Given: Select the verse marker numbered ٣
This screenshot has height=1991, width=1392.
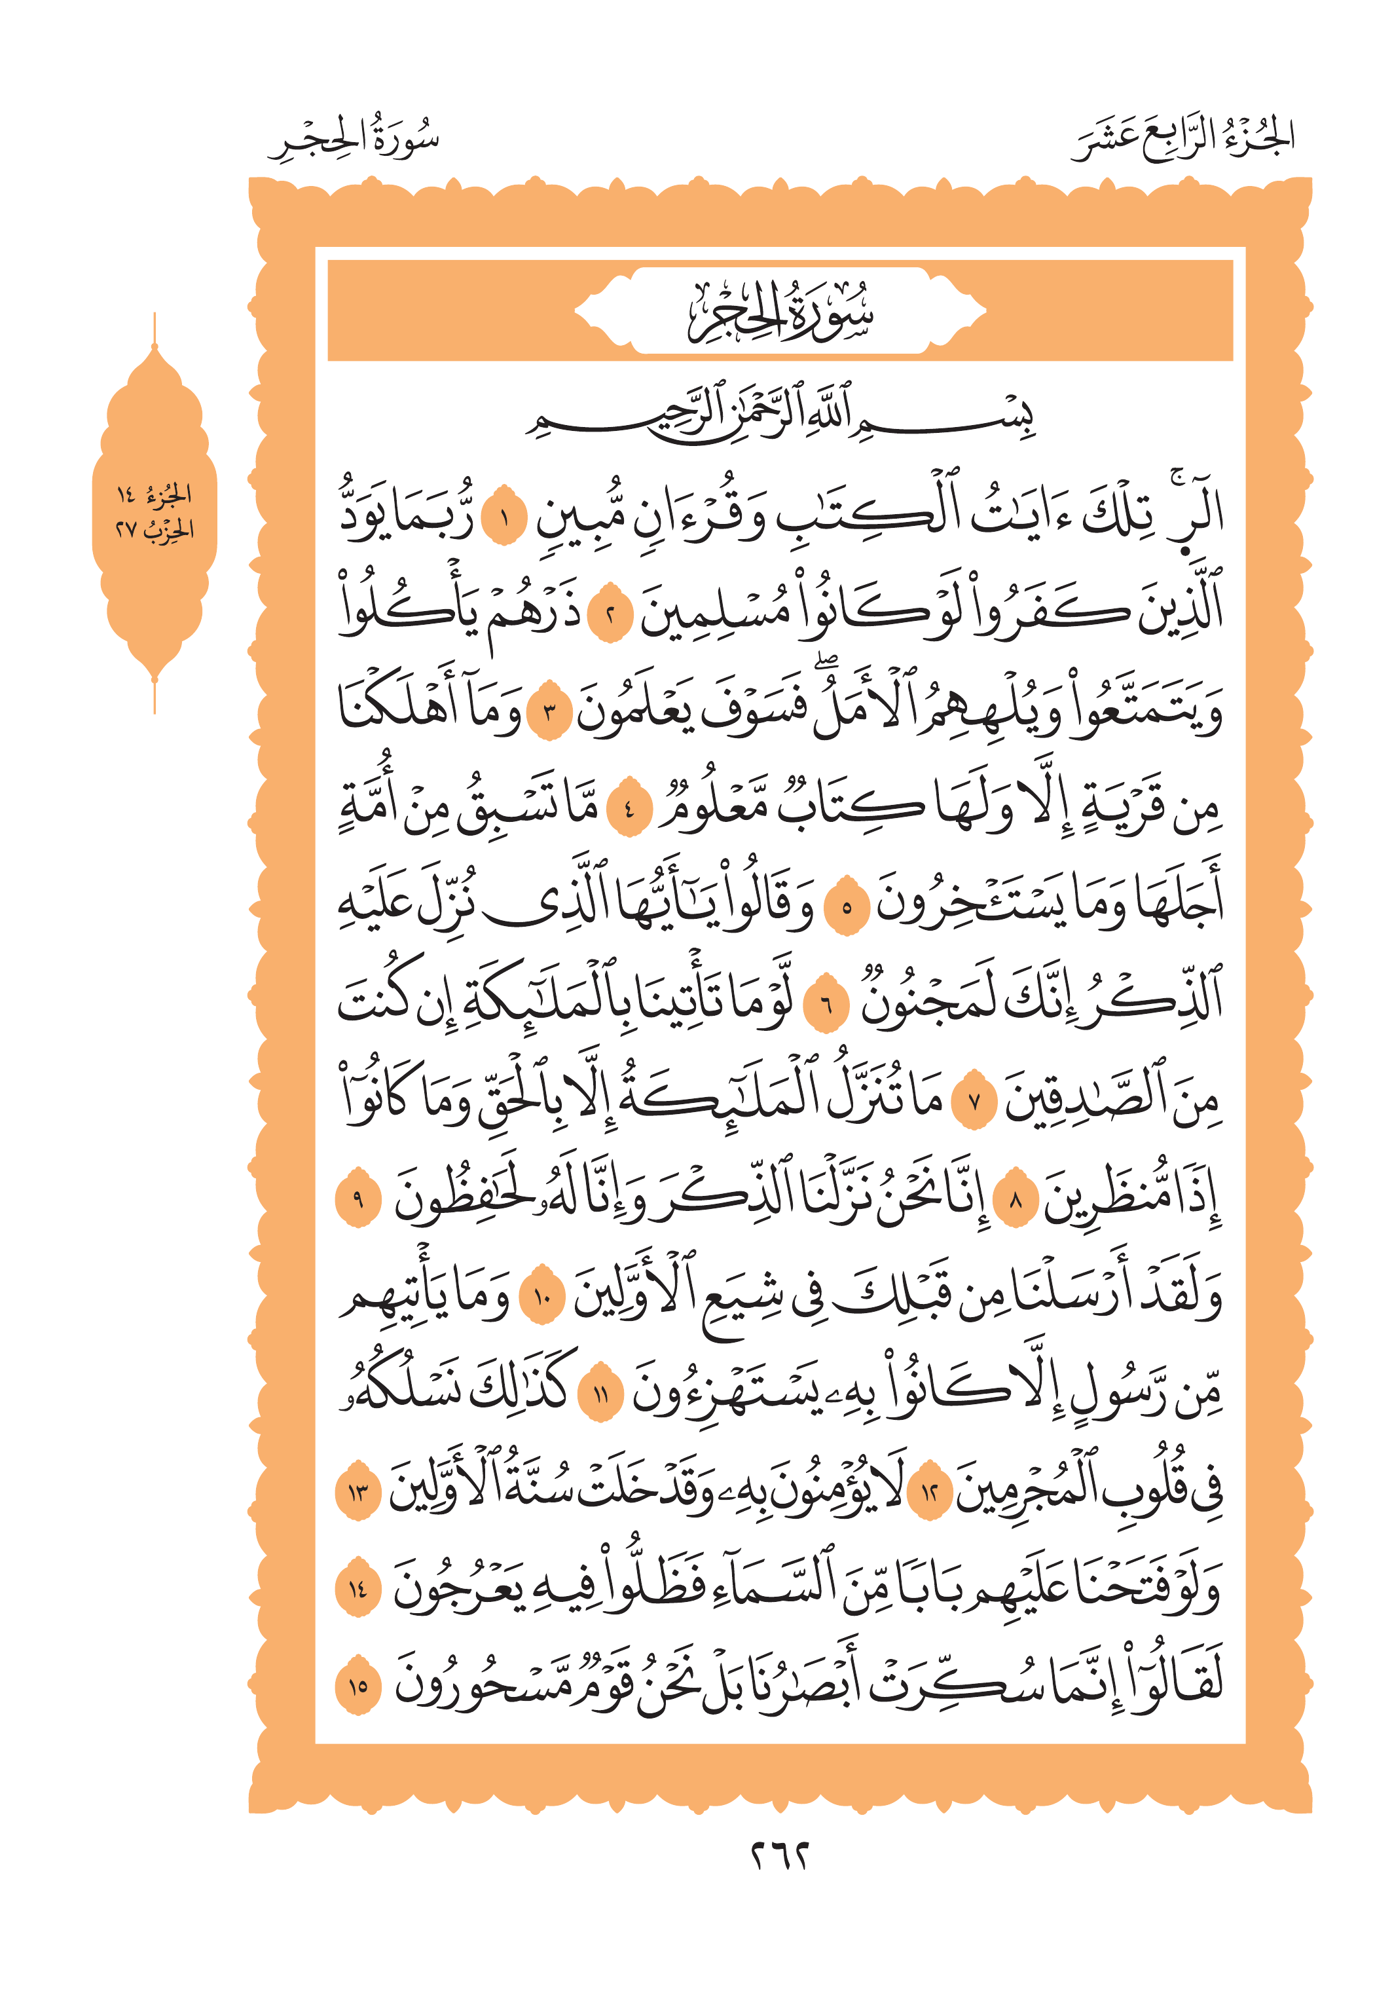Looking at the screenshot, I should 549,715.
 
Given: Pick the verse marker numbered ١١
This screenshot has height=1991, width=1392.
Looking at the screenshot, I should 600,1395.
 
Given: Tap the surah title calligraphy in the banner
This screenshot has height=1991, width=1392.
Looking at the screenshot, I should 780,312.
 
